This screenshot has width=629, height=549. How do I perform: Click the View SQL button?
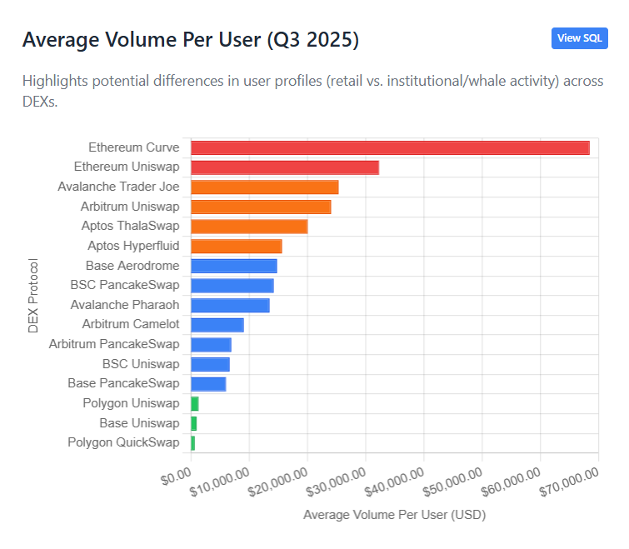[x=579, y=38]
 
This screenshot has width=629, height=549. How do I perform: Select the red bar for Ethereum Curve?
[x=390, y=147]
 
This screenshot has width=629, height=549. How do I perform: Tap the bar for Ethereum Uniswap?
[x=285, y=167]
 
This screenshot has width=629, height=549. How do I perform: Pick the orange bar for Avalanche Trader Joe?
[x=265, y=187]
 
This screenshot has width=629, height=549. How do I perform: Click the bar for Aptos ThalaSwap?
[x=249, y=226]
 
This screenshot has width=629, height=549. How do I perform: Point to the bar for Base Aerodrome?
[x=234, y=266]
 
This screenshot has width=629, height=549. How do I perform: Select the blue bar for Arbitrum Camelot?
[x=217, y=324]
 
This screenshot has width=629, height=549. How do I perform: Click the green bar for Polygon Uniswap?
[x=195, y=403]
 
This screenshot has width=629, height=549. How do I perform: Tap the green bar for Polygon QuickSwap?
[x=193, y=442]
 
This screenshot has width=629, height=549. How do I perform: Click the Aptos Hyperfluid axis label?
[x=133, y=246]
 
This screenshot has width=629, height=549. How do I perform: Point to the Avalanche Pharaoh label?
[x=125, y=305]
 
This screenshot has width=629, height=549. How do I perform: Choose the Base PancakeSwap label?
[x=123, y=383]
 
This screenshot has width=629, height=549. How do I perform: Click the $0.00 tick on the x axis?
[x=177, y=477]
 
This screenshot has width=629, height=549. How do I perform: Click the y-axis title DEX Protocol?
[x=33, y=295]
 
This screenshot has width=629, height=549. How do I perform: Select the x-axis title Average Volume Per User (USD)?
[x=394, y=515]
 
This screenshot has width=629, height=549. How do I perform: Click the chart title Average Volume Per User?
[x=191, y=40]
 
